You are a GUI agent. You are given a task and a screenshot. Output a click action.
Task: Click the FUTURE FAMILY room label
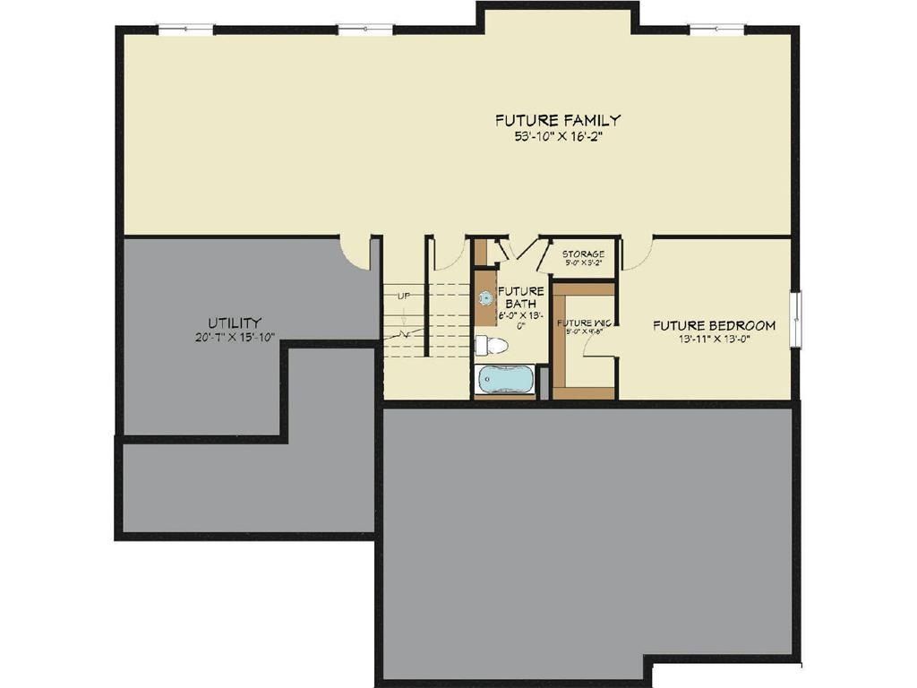(x=558, y=120)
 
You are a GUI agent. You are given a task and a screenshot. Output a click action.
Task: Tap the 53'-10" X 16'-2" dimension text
(x=558, y=137)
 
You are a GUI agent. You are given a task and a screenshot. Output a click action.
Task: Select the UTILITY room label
(x=235, y=322)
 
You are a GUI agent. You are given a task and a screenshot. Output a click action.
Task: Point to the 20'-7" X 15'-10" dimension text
(x=235, y=338)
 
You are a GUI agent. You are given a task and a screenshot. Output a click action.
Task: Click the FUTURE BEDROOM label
(x=714, y=325)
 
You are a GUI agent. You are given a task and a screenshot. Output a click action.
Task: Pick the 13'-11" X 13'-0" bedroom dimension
(x=714, y=340)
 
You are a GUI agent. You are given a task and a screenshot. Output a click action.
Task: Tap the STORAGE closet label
(x=583, y=254)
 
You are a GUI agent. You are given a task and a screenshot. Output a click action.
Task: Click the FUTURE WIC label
(x=584, y=323)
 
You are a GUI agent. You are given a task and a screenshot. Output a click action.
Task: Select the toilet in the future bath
(x=491, y=346)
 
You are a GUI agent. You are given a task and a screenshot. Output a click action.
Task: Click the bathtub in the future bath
(x=504, y=379)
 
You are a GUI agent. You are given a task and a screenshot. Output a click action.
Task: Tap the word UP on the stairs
(x=403, y=296)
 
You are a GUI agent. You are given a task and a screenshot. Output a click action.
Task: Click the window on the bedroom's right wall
(x=795, y=317)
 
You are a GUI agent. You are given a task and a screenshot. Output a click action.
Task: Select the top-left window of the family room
(x=186, y=30)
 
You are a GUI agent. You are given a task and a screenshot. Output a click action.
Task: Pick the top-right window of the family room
(x=717, y=30)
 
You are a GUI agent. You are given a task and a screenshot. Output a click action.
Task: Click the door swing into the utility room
(x=356, y=254)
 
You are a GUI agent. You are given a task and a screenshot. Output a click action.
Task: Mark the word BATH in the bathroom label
(x=520, y=304)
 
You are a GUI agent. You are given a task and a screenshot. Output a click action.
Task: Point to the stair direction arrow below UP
(x=404, y=316)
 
